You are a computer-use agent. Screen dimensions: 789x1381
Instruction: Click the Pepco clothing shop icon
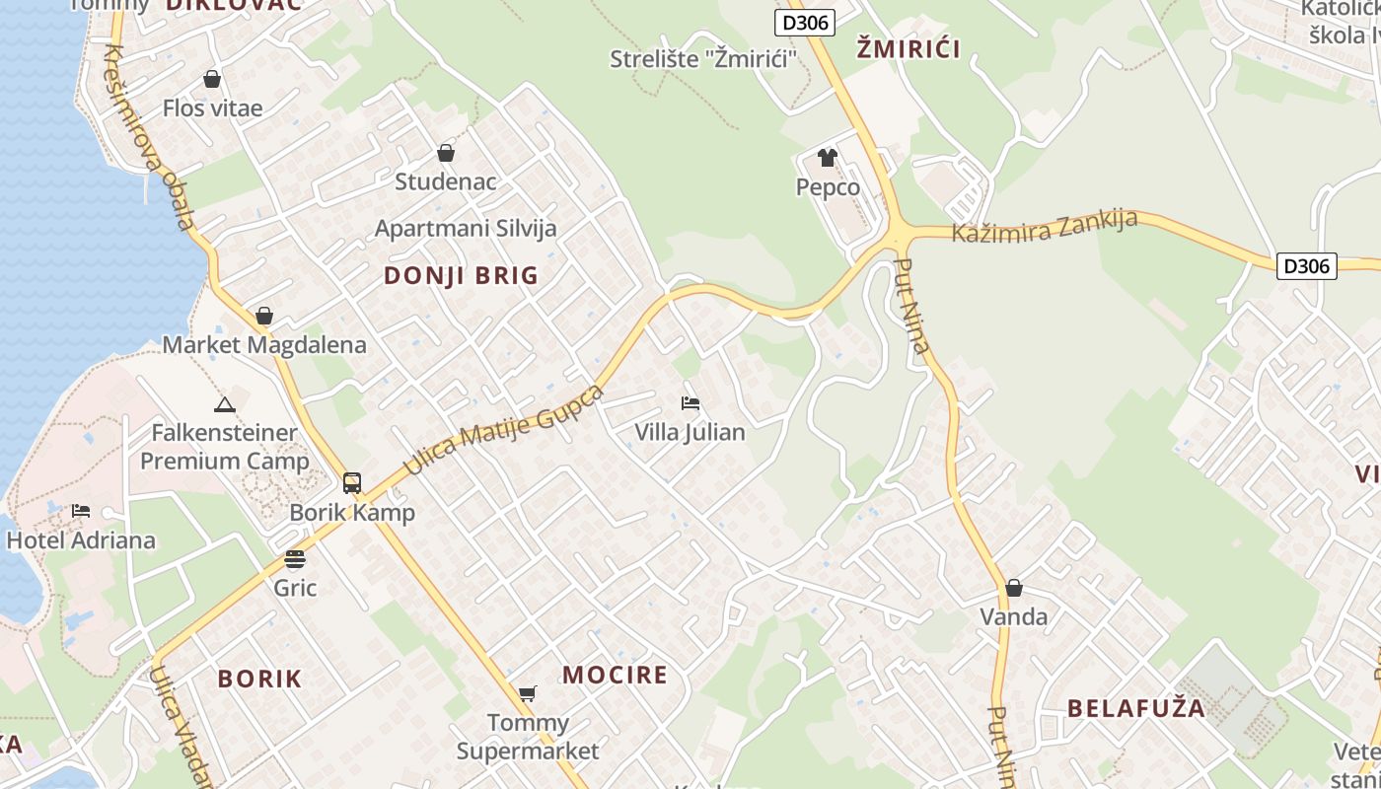(x=827, y=158)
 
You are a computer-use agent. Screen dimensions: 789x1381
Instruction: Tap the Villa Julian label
(x=690, y=432)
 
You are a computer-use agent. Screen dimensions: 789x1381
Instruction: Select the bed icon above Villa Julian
(x=690, y=403)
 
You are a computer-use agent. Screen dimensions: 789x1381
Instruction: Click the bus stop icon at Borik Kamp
(x=352, y=483)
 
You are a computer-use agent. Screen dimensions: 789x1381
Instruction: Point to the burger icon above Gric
(x=295, y=559)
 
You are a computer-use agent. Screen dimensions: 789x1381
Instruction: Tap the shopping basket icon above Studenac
(x=446, y=153)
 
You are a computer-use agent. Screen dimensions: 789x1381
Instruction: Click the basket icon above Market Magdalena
(x=264, y=316)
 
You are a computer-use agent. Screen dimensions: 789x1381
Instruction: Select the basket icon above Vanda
(x=1013, y=589)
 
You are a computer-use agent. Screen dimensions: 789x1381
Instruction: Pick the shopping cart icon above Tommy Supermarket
(x=528, y=693)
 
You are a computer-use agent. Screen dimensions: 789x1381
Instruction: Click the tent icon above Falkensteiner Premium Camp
(x=225, y=404)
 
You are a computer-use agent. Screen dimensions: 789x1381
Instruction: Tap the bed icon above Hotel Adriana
(x=81, y=511)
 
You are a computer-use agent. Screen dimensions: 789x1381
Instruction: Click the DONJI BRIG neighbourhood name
(x=462, y=275)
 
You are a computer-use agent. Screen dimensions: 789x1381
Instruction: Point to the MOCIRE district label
(x=615, y=675)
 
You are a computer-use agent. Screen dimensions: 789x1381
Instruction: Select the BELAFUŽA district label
(x=1136, y=708)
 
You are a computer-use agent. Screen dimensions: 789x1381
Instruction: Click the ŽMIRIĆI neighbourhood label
(x=908, y=48)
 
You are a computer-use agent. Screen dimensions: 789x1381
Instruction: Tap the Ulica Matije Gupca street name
(x=504, y=429)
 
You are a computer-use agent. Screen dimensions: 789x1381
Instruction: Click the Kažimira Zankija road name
(x=1045, y=227)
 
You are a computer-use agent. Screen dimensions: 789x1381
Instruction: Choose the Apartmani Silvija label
(x=466, y=229)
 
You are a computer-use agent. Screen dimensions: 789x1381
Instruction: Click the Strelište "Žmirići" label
(x=703, y=58)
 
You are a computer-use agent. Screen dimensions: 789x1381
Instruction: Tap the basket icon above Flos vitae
(x=212, y=79)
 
